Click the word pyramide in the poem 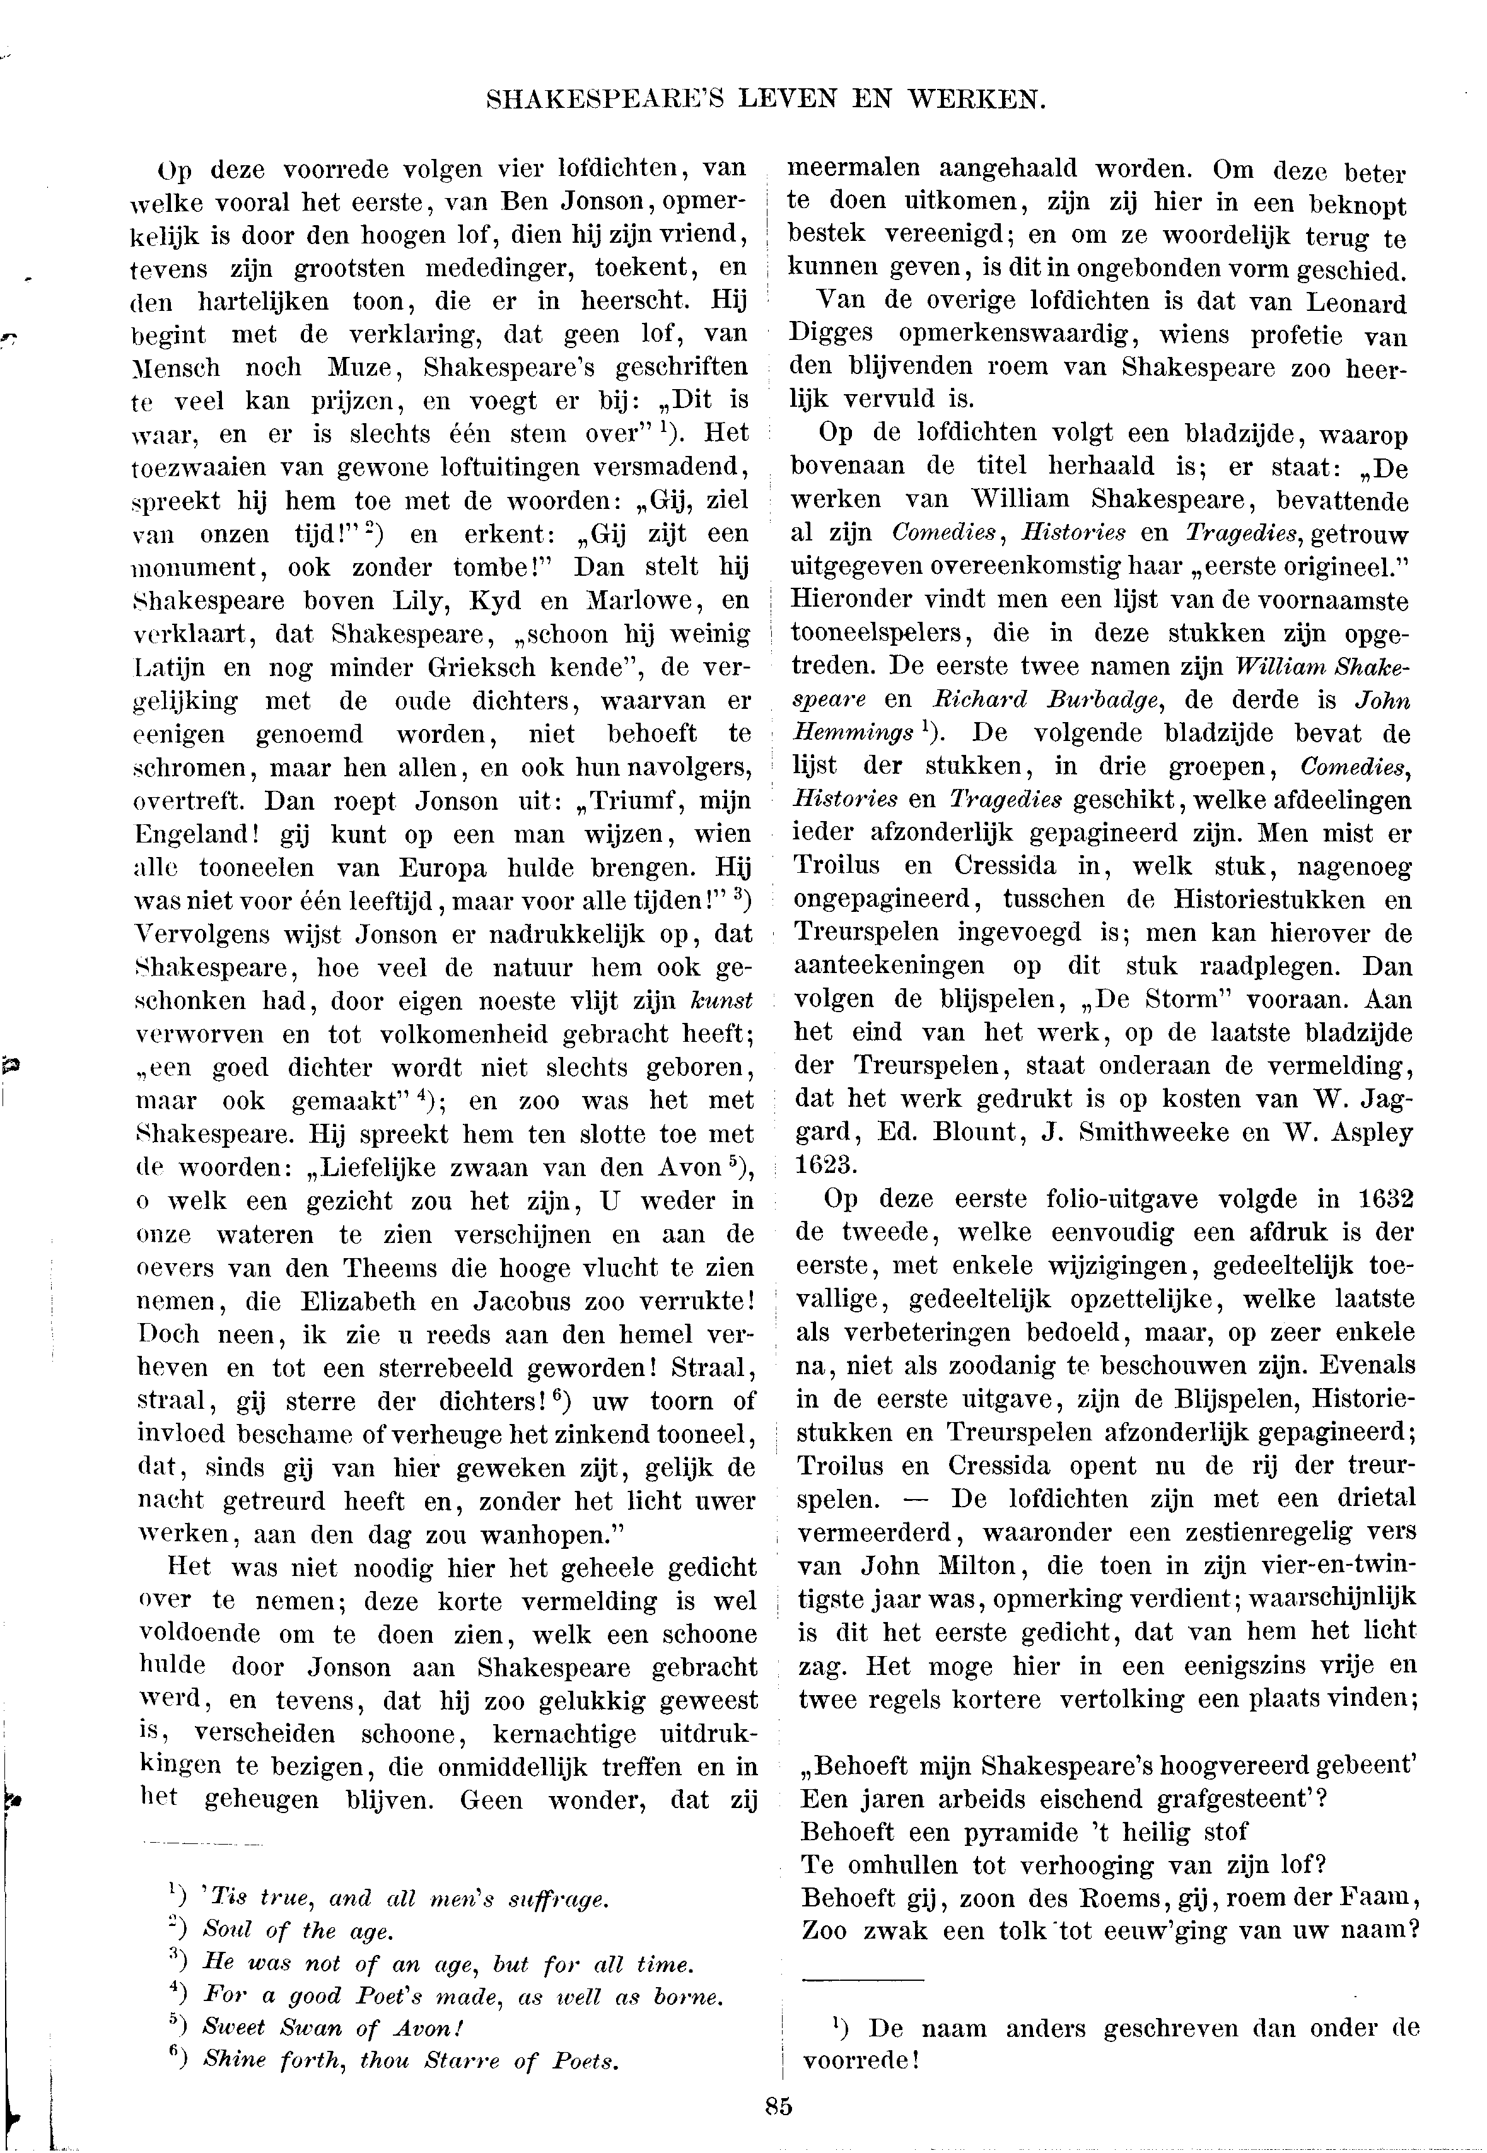pyautogui.click(x=1006, y=1831)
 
